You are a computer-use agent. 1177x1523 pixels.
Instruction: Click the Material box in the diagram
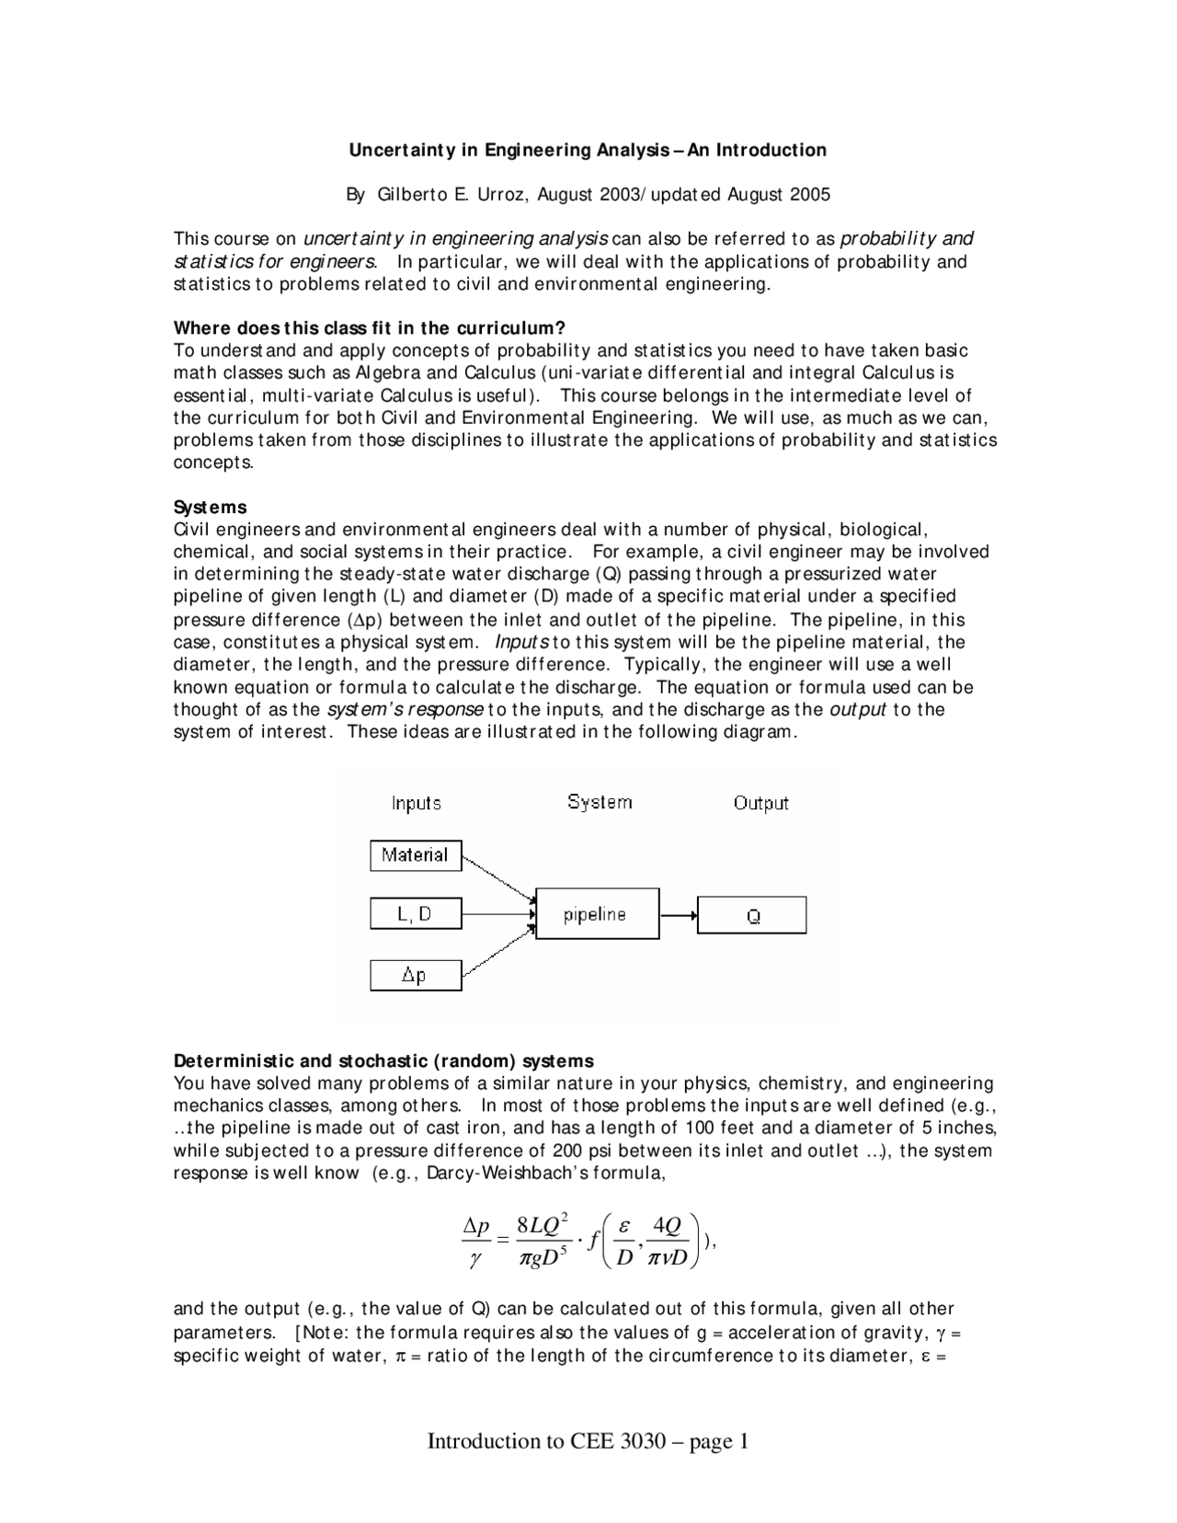pos(416,855)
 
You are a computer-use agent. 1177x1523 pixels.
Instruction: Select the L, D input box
pos(416,914)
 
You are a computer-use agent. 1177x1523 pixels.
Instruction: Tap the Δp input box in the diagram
pos(416,975)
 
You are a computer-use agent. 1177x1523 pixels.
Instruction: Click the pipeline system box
pos(597,914)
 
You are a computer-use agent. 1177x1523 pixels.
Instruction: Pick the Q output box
pos(751,916)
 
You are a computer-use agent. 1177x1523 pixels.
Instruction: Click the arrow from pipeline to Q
pos(679,915)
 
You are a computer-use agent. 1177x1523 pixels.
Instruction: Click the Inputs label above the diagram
pos(416,803)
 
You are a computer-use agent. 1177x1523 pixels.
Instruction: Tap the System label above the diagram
pos(600,802)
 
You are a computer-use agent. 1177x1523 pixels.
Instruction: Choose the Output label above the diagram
pos(760,803)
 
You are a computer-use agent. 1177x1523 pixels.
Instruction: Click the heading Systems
pos(211,508)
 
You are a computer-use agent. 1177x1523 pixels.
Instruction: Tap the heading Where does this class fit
pos(369,328)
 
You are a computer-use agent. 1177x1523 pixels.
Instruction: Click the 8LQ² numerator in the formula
pos(543,1225)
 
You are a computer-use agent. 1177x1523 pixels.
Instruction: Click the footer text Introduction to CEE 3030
pos(546,1441)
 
